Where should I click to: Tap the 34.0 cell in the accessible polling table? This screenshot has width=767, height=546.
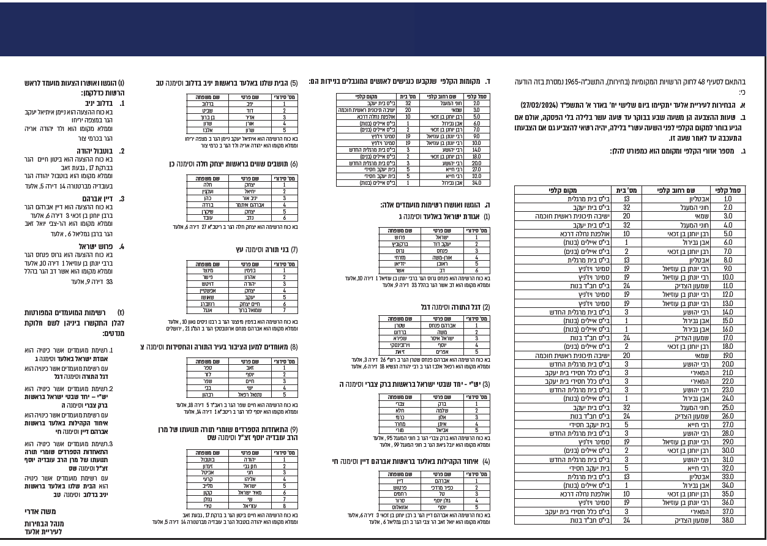476,183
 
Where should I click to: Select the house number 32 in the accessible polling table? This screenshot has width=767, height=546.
408,103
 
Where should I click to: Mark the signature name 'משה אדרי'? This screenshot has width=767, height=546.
41,512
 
